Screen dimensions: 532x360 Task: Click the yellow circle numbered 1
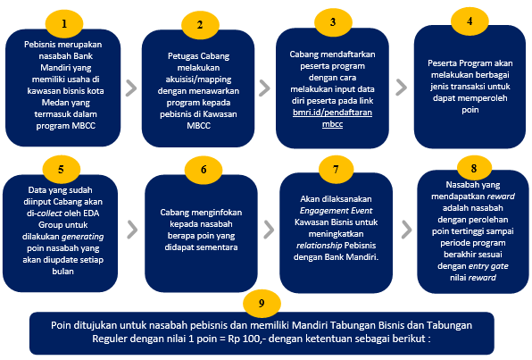(64, 23)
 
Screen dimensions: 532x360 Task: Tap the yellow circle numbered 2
(200, 24)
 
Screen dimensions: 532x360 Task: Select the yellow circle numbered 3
(333, 22)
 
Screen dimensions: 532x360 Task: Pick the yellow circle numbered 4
(470, 21)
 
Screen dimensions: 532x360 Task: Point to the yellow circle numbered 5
(61, 169)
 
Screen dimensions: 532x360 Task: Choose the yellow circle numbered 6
(204, 170)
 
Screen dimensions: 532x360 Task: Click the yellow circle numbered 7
(336, 169)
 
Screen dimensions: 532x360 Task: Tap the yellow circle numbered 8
(474, 168)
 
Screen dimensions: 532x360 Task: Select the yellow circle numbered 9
(262, 304)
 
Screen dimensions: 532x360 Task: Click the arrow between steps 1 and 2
(131, 88)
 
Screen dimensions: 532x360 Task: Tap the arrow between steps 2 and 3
(264, 88)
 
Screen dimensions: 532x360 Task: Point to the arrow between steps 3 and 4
(401, 88)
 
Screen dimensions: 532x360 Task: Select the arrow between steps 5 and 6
(132, 230)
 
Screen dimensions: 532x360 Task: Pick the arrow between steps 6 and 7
(269, 230)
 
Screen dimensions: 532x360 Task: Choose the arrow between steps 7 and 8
(406, 230)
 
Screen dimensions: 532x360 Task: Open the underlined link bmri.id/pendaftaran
(332, 113)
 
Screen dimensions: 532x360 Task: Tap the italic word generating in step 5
(82, 237)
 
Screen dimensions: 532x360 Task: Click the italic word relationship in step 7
(320, 246)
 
